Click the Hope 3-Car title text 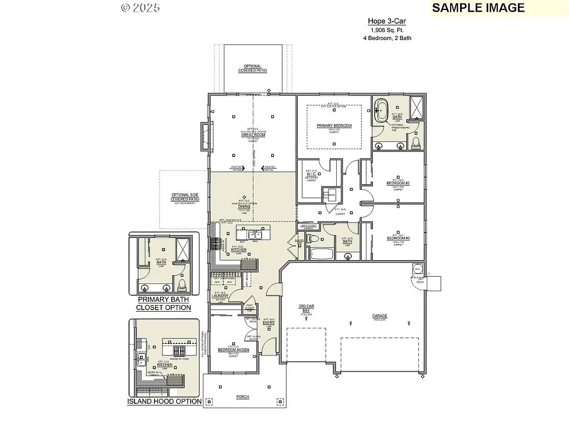[387, 22]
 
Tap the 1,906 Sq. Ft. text [387, 30]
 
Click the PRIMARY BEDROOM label [334, 126]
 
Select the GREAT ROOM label [253, 135]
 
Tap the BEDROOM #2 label [398, 183]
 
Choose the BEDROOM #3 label [398, 239]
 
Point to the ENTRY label [268, 323]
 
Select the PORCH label [242, 397]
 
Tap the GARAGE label [380, 316]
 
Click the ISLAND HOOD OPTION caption [164, 401]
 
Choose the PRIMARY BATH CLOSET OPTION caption [163, 303]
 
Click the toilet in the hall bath [314, 240]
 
